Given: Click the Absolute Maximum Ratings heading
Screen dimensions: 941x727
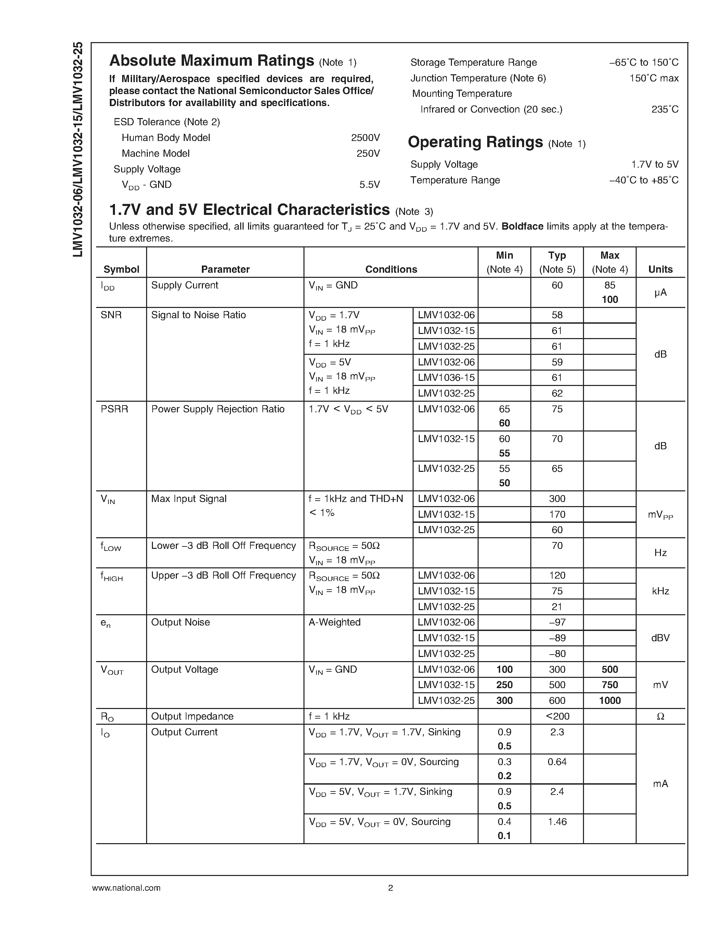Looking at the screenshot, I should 211,61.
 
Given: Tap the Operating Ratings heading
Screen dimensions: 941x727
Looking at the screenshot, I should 475,142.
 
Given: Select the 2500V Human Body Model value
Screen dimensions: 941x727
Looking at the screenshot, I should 365,138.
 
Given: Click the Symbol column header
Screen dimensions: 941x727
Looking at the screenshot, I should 121,269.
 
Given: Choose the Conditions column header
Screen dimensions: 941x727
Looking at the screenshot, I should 391,269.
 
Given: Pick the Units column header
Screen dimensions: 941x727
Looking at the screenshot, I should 660,269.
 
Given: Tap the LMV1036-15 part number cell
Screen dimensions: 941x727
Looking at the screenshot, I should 446,378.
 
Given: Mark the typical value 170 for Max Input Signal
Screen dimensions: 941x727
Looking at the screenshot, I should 557,514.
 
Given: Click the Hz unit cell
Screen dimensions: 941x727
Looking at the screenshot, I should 660,553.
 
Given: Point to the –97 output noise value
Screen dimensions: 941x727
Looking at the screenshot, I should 557,622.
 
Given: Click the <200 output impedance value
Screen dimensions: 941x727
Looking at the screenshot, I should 557,716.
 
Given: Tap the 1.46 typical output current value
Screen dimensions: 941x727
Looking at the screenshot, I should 557,822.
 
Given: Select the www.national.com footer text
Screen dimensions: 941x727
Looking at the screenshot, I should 126,888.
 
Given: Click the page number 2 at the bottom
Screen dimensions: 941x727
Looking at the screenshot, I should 390,888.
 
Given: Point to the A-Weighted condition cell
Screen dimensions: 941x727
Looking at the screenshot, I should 335,622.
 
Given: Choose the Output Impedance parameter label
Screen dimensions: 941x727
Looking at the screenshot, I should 192,716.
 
